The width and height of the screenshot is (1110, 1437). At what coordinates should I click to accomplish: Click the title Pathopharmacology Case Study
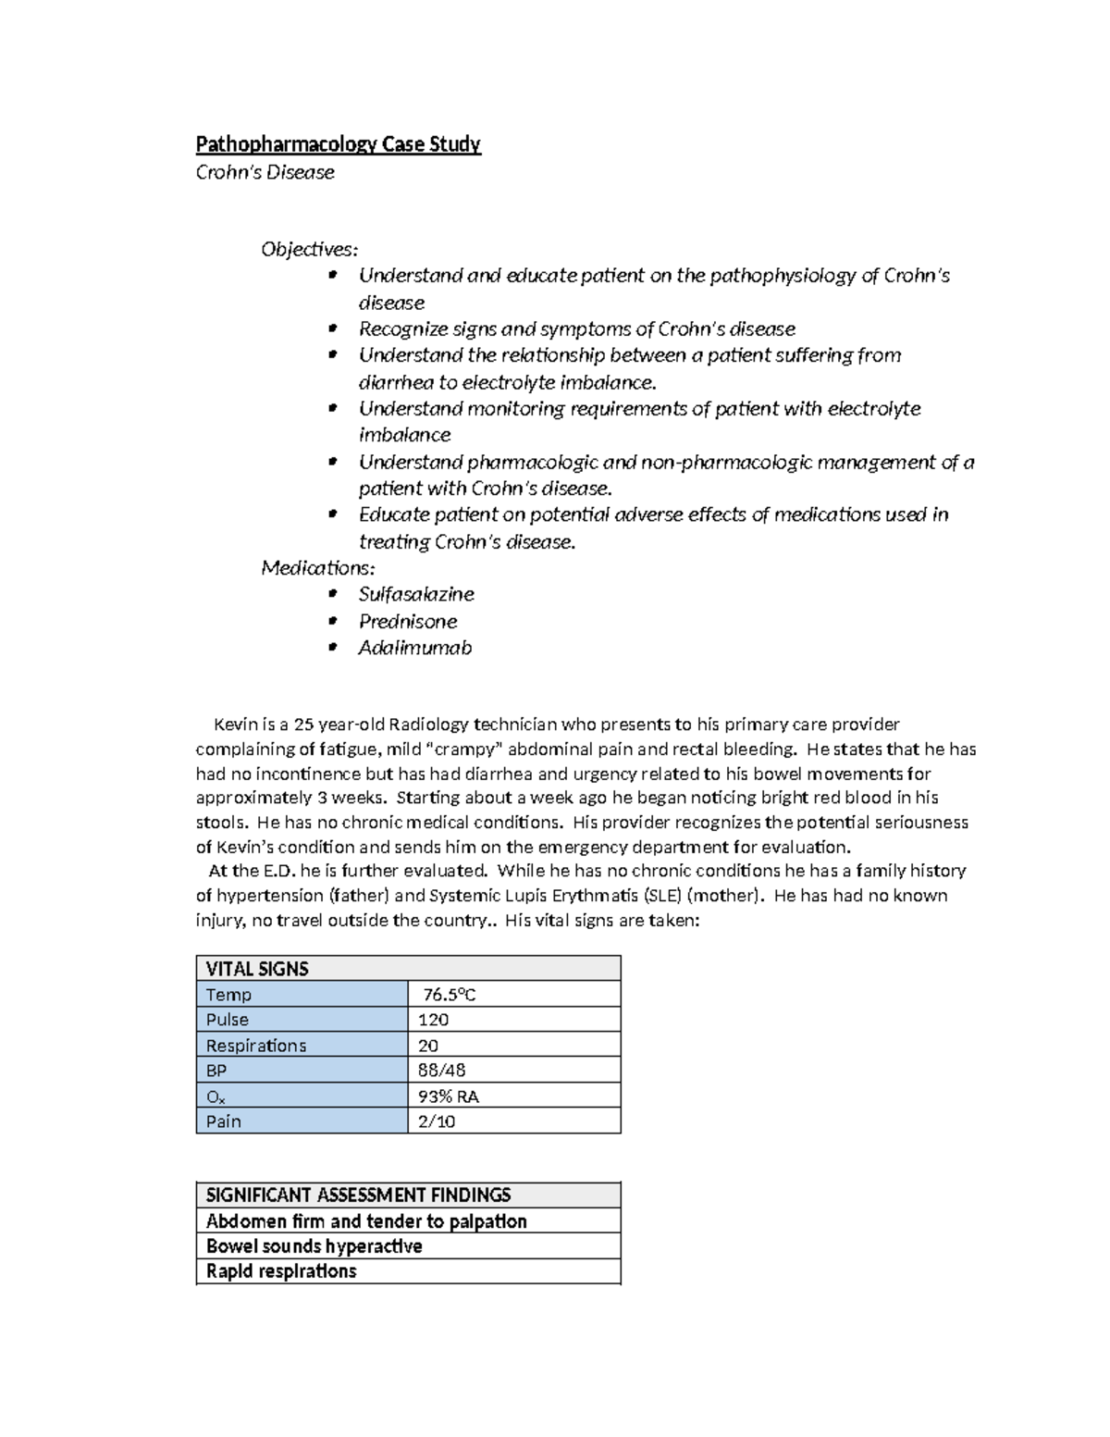[x=338, y=144]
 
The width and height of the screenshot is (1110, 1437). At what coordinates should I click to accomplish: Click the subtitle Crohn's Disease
[x=265, y=172]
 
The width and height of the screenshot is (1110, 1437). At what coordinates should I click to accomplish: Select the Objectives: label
[x=309, y=249]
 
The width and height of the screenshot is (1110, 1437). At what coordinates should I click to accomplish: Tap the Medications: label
[x=318, y=567]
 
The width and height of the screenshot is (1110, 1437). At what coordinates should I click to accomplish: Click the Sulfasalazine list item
[x=416, y=594]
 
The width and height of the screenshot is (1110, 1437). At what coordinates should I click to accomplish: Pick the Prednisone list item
[x=408, y=621]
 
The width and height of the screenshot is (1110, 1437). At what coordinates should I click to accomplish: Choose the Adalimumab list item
[x=415, y=648]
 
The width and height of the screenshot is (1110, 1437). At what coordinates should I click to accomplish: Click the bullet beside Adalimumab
[x=333, y=648]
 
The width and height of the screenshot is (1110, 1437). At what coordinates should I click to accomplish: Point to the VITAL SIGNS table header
[x=257, y=969]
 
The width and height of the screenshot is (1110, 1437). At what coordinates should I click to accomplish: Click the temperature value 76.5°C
[x=450, y=995]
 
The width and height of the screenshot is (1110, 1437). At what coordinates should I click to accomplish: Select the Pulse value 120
[x=434, y=1020]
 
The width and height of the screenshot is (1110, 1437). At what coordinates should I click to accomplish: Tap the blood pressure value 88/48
[x=442, y=1071]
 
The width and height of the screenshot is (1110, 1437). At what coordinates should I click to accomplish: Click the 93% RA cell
[x=449, y=1096]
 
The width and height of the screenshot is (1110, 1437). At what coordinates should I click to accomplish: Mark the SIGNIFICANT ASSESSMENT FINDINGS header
[x=358, y=1195]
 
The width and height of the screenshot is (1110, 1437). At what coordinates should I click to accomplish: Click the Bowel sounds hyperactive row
[x=314, y=1246]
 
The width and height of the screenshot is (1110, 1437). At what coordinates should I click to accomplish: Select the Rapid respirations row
[x=281, y=1271]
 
